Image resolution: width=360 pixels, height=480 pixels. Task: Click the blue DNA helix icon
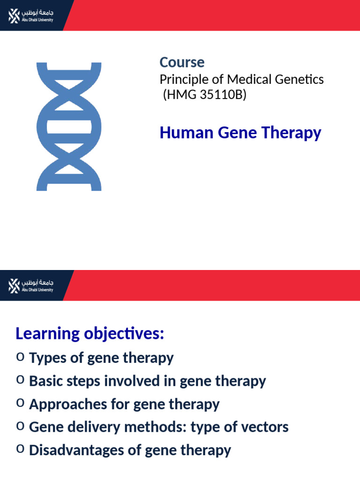coord(69,127)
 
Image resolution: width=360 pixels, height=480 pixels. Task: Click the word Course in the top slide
coord(182,62)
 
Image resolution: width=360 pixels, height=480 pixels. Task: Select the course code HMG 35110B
coord(204,95)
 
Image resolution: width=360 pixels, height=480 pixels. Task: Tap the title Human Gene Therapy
coord(240,133)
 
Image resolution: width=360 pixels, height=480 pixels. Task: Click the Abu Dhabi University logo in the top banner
coord(31,15)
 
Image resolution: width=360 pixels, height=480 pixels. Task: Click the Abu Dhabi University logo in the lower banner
coord(31,285)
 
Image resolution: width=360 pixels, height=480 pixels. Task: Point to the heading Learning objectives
coord(90,334)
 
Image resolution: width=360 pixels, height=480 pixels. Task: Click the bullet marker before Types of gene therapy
coord(20,357)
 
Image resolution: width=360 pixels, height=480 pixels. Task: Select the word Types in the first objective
coord(46,358)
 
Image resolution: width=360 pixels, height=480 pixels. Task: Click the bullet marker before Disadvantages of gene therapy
coord(20,449)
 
